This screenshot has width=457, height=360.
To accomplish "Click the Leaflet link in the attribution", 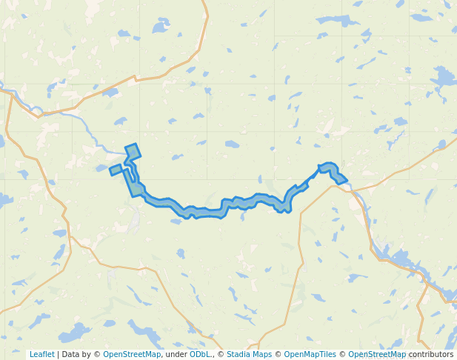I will click(x=41, y=354).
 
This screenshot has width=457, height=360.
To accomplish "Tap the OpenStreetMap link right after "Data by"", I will click(x=132, y=354).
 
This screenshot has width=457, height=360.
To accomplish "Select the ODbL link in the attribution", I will click(x=200, y=354).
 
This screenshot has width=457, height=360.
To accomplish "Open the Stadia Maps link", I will click(x=249, y=354).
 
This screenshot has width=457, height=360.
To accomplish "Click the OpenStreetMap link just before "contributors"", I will click(x=377, y=354).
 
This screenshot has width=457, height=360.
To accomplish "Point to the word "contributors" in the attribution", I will click(x=430, y=354).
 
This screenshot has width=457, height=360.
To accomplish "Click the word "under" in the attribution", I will click(x=176, y=354).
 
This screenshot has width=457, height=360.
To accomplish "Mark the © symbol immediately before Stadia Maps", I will click(x=221, y=354).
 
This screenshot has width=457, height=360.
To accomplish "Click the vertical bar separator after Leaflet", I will click(x=58, y=354).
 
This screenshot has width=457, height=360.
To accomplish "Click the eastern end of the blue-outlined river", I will click(x=343, y=179).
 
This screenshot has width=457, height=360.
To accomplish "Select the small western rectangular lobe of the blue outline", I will click(x=116, y=170).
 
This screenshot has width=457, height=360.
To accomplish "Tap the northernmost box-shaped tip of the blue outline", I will click(x=133, y=151).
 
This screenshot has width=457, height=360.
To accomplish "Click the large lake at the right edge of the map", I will click(x=444, y=77).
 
